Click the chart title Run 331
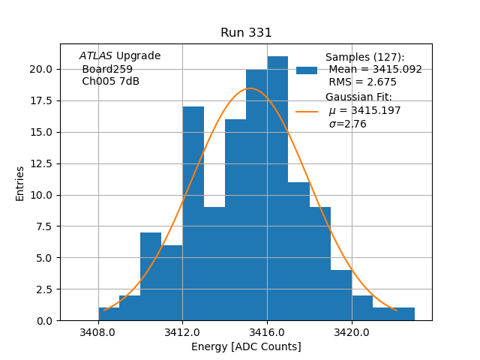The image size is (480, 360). [246, 33]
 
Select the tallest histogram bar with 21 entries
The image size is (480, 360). [277, 187]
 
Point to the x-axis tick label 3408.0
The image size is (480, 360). [98, 332]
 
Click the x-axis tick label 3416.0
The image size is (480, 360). [267, 332]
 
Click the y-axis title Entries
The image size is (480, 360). [20, 183]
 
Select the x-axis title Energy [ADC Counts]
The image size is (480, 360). [246, 346]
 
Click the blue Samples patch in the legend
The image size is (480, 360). [306, 70]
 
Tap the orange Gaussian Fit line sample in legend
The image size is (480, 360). [306, 111]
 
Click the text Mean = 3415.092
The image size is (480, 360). [375, 70]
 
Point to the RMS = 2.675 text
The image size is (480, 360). [362, 82]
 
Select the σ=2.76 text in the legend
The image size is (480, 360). [347, 124]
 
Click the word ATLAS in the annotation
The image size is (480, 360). [95, 56]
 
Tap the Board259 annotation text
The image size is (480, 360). [107, 69]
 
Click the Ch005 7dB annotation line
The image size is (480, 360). [110, 82]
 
